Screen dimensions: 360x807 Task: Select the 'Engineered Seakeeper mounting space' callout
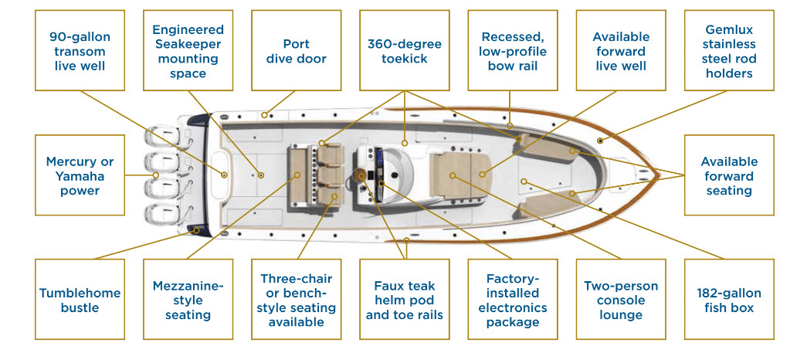coord(188,51)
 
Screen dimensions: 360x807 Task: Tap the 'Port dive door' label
coord(296,51)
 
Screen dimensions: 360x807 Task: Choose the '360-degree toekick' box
coord(404,51)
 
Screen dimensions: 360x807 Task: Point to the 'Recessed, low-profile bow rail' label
coord(512,51)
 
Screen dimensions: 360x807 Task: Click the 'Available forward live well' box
coord(619,51)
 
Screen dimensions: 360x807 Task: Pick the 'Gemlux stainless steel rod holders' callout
coord(729,51)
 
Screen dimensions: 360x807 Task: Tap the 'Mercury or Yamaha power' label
coord(80,175)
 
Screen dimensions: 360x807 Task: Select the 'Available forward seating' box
coord(729,175)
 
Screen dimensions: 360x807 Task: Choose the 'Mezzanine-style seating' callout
coord(188,300)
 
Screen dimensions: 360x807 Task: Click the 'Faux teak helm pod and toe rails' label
coord(404,300)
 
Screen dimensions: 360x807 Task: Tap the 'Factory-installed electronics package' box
coord(512,300)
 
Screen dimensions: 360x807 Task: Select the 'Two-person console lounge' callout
coord(619,300)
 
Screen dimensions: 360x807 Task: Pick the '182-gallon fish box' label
coord(729,300)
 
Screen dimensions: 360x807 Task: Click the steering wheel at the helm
coord(362,175)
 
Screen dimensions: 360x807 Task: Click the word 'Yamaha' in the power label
coord(80,175)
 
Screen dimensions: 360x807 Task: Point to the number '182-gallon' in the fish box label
coord(729,294)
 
